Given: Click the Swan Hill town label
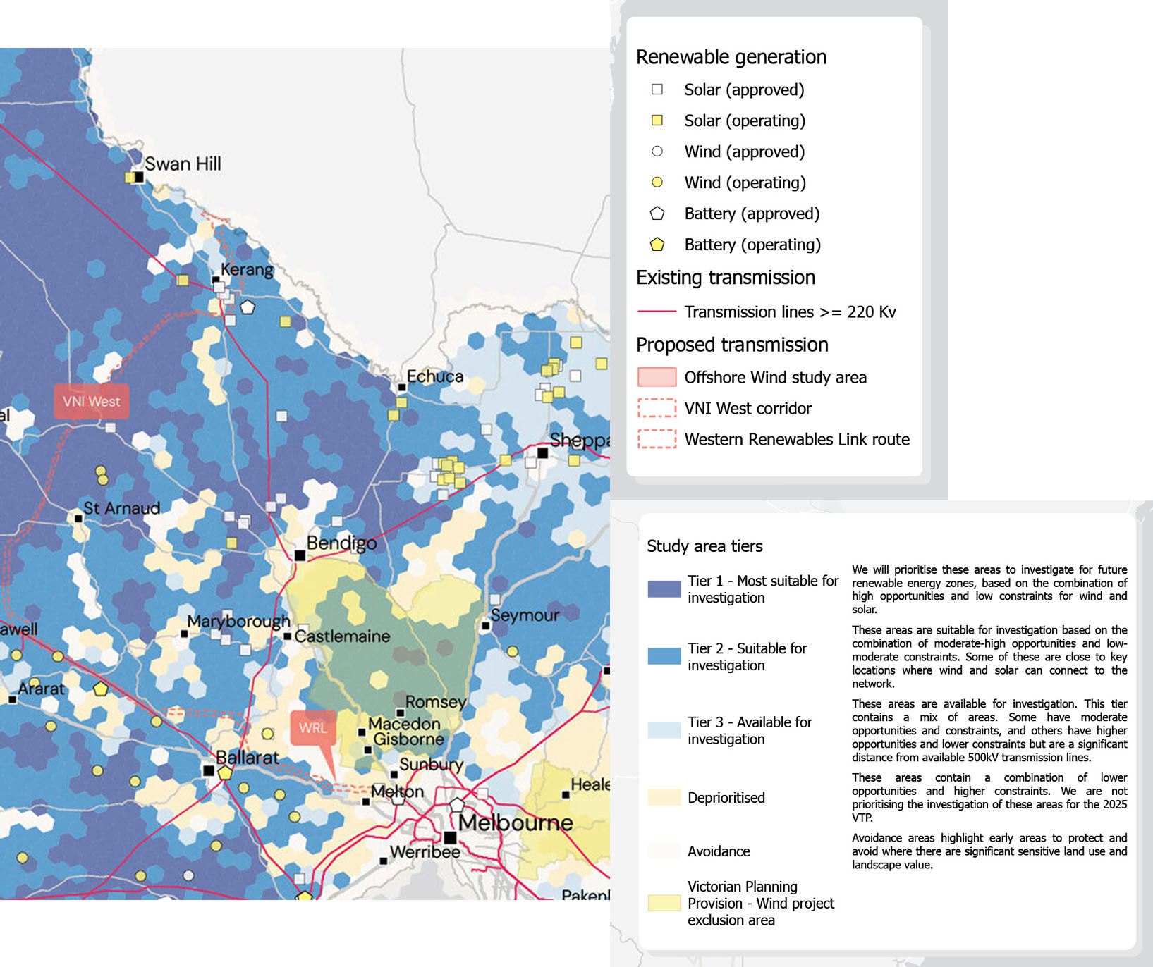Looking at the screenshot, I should pos(183,164).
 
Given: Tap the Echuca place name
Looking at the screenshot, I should pos(434,376).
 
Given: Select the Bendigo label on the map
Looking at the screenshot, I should pos(341,543).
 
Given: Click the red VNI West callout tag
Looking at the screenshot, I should pos(92,401).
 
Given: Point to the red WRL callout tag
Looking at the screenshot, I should pos(312,727).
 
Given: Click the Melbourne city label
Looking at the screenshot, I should pos(516,822).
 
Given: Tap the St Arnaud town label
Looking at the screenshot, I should pos(121,507).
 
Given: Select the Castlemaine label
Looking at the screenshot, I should pos(342,636).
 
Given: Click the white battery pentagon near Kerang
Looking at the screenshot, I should pos(248,307).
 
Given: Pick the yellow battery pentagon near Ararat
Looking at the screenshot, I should pos(101,689).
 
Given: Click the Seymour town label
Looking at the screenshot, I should pos(525,615).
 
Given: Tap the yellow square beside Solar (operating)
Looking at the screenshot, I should pos(657,121).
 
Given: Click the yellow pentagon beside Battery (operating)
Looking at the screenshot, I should pos(657,245).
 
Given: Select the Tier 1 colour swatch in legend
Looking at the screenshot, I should pos(664,589).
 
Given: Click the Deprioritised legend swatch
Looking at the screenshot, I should pos(664,797).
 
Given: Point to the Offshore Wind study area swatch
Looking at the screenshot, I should pos(657,377).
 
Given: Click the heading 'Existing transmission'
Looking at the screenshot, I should pos(725,277).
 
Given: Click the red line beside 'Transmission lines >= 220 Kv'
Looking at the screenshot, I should pos(657,312).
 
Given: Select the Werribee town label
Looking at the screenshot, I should pos(425,851).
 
